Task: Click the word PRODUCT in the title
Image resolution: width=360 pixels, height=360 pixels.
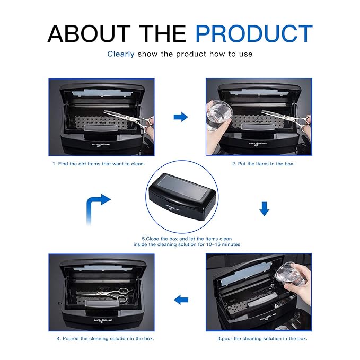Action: (254, 33)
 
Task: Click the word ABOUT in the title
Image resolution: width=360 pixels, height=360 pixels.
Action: (89, 33)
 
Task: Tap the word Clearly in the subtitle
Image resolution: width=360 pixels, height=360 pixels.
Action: (121, 54)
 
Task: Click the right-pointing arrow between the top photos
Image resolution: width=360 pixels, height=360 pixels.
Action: (181, 117)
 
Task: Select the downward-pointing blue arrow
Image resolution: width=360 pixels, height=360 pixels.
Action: (264, 209)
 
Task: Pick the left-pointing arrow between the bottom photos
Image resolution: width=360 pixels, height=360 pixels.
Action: (181, 300)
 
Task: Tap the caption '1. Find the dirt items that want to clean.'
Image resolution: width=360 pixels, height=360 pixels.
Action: (99, 164)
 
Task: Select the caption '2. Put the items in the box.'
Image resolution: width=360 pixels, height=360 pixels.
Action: (263, 164)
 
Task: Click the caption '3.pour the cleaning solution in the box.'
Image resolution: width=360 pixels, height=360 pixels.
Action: (262, 339)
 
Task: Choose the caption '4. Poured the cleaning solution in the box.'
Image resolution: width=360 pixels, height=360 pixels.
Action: (105, 339)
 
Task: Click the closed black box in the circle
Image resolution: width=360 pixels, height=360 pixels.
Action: (182, 197)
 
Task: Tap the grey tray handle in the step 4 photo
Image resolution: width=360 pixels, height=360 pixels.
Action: (102, 303)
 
